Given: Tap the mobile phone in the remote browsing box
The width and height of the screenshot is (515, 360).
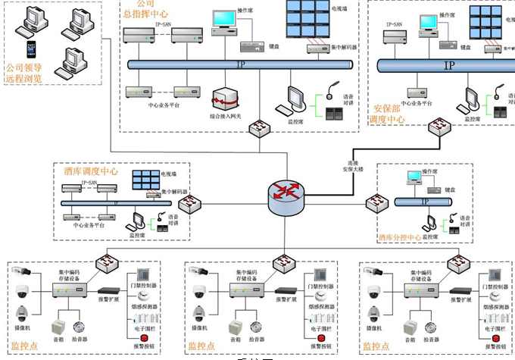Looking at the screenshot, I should click(x=31, y=49).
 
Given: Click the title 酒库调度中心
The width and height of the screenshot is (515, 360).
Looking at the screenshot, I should click(x=91, y=172).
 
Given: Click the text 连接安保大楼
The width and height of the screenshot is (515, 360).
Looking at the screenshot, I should click(x=353, y=167).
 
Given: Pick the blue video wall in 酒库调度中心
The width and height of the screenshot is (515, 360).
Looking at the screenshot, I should click(x=145, y=180).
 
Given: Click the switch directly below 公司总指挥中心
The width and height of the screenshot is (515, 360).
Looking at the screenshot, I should click(x=263, y=129).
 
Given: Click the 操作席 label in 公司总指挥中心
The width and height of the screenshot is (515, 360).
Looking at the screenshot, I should click(x=245, y=11).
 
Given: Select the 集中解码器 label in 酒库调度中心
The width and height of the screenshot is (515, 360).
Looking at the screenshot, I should click(x=175, y=193).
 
